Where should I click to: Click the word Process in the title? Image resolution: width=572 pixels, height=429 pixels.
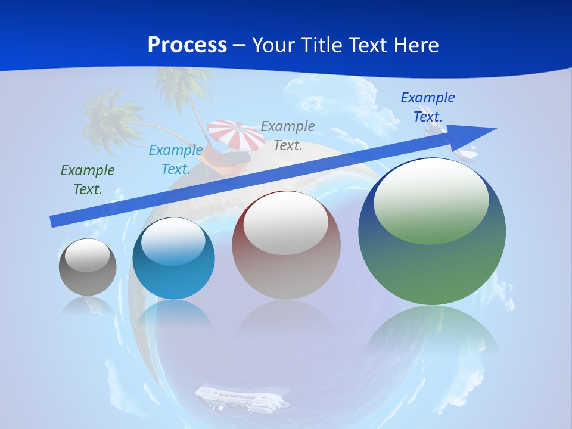pos(187,45)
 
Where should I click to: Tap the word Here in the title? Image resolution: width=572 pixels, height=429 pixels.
pos(415,45)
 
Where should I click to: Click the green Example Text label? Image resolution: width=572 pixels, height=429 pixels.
pos(88,180)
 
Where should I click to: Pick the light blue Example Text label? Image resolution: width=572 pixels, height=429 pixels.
pos(176,160)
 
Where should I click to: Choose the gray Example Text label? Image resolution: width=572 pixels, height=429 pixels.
pos(288,135)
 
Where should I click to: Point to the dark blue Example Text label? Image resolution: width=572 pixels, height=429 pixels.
pos(427,107)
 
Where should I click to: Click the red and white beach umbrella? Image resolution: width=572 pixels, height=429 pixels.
pos(236,135)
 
